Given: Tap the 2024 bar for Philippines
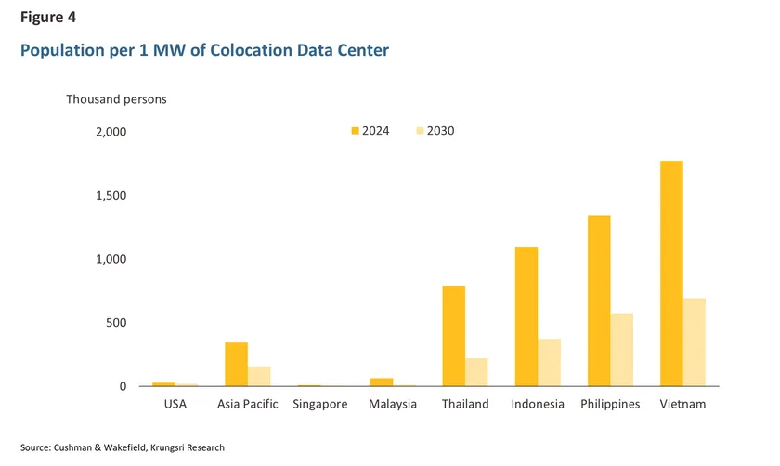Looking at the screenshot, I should click(x=599, y=301).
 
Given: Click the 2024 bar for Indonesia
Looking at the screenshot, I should click(x=526, y=317).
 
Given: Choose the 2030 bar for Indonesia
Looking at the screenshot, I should click(x=550, y=362).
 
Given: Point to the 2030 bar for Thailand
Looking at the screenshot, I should click(x=477, y=372).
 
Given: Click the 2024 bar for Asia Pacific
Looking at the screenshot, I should click(x=237, y=364).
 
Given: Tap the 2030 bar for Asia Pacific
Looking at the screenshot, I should click(x=259, y=376).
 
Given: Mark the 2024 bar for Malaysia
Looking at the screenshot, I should click(x=382, y=382).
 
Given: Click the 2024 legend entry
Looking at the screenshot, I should click(x=370, y=131).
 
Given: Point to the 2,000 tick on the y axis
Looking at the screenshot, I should click(x=110, y=132).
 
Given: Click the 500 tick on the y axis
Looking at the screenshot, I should click(x=116, y=323).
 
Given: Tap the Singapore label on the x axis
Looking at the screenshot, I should click(x=319, y=405).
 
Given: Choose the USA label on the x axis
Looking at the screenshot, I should click(x=175, y=405).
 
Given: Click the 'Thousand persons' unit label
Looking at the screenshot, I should click(x=115, y=98).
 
